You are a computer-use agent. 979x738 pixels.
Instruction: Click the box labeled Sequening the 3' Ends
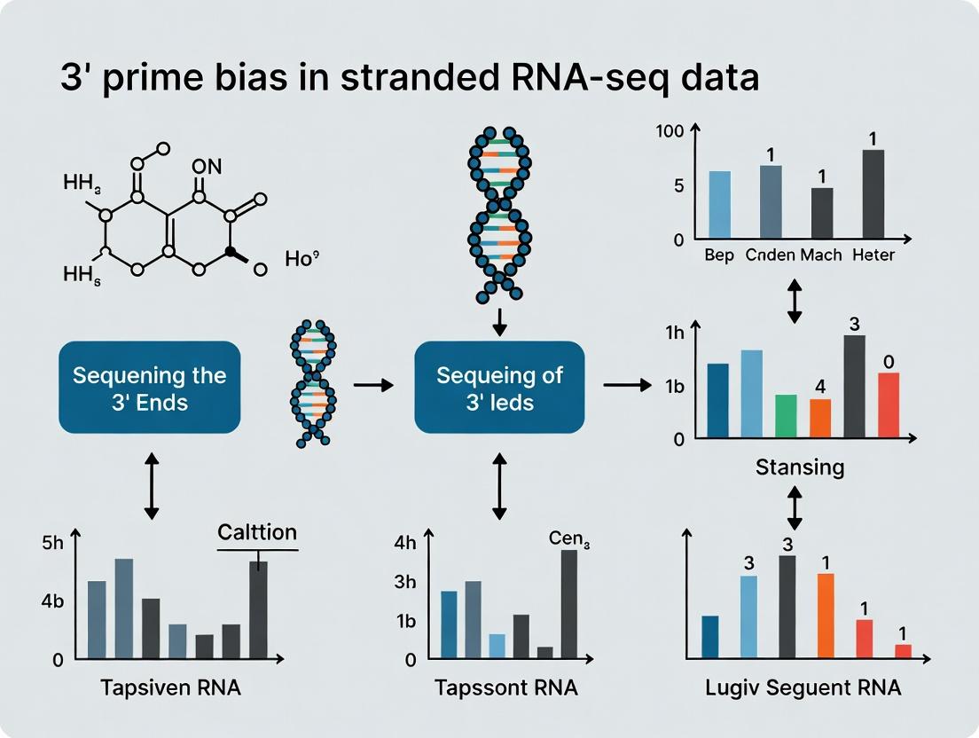150,388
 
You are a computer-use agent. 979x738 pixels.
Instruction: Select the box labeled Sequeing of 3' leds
499,388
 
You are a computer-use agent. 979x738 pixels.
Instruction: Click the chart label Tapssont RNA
506,688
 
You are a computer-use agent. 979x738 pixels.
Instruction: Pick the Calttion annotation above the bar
257,533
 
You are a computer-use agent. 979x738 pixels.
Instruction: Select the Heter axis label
873,255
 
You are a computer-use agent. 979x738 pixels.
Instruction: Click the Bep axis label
719,255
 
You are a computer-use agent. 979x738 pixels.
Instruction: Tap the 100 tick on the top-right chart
670,131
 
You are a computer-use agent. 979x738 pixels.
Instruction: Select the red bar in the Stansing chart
889,404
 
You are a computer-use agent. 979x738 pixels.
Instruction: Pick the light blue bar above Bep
720,205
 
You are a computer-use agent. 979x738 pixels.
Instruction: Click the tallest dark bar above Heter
873,194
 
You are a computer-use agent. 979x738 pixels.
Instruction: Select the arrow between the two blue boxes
372,385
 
